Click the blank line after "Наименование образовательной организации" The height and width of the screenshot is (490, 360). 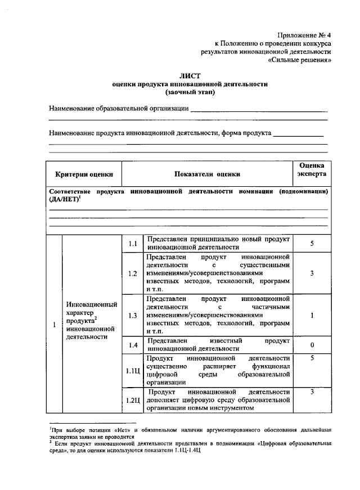[x=259, y=111]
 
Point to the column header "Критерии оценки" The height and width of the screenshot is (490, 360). [x=84, y=174]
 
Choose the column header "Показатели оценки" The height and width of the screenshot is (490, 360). [x=206, y=174]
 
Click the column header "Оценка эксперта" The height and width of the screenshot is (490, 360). [x=311, y=170]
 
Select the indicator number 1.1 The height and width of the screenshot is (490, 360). [x=133, y=243]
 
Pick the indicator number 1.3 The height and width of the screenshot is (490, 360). [x=133, y=316]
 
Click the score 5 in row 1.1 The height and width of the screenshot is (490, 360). [x=311, y=243]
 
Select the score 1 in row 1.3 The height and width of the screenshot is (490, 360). [x=311, y=316]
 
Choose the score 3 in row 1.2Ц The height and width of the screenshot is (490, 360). [x=311, y=392]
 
